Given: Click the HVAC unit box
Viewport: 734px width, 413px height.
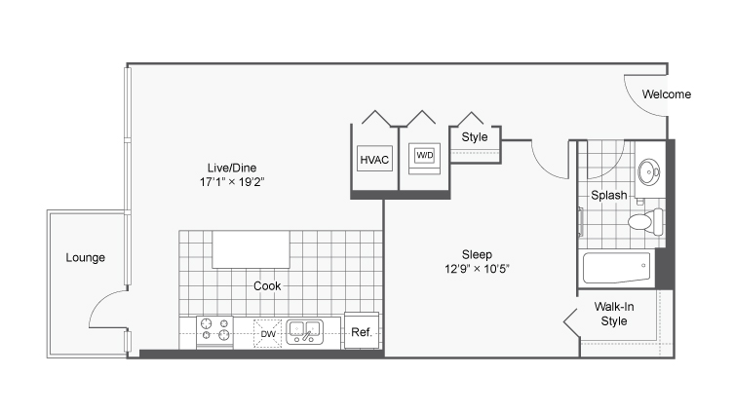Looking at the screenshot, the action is coord(374,158).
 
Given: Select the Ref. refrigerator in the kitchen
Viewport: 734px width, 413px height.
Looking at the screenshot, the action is coord(362,330).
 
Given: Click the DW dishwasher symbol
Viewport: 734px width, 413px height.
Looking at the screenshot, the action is coord(267,333).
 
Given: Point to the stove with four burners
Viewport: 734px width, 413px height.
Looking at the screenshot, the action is coord(214,331).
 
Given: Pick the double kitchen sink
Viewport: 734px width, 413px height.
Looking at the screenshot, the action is coord(305,331).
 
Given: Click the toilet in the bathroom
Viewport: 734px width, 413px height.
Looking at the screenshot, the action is coord(645,221).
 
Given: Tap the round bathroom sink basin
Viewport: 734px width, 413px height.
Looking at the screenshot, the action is coord(649,171).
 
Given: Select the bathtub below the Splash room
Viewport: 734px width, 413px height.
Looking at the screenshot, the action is coord(616,268).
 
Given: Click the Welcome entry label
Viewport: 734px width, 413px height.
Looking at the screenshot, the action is coord(666,94).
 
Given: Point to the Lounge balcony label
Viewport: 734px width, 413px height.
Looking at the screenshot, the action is coord(85,258).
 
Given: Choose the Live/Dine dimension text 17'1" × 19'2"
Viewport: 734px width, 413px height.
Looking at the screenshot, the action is coord(232,182).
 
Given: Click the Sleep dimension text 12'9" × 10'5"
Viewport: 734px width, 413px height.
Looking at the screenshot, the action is coord(477,269).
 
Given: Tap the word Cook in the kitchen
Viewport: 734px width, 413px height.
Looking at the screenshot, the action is coord(267,285).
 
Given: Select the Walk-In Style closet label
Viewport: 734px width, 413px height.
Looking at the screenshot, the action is coord(614,314).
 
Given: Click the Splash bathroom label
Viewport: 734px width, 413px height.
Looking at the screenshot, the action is coord(608,195).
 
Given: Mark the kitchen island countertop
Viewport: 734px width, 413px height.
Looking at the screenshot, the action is coord(251,249).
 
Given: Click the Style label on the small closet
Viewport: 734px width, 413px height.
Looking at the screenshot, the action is coord(474,137).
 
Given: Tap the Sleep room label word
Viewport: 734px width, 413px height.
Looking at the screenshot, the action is coord(477,255).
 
